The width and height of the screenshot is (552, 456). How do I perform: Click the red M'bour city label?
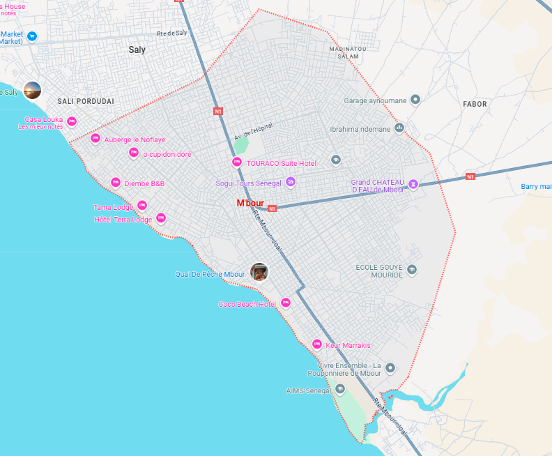click(x=250, y=203)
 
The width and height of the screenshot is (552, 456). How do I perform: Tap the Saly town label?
click(x=137, y=50)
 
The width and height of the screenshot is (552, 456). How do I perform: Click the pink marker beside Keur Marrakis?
click(x=317, y=344)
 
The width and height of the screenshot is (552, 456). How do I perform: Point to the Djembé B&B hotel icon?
click(x=116, y=183)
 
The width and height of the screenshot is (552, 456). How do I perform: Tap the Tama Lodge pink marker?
click(x=142, y=206)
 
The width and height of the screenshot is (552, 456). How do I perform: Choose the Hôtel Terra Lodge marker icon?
click(x=161, y=218)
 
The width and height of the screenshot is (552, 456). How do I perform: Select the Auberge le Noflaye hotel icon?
click(x=95, y=139)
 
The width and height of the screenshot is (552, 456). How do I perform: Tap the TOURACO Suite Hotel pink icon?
click(x=237, y=162)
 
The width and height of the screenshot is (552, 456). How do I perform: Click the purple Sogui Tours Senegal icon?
click(x=291, y=183)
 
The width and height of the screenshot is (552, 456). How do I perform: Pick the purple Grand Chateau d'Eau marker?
click(x=413, y=184)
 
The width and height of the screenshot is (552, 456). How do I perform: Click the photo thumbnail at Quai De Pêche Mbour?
click(x=259, y=272)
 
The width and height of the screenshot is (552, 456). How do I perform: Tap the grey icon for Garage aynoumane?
click(x=415, y=100)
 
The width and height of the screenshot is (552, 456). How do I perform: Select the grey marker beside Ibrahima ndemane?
click(x=400, y=128)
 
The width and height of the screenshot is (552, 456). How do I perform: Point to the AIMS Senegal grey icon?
click(x=340, y=389)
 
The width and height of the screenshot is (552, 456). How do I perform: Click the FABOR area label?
click(x=475, y=104)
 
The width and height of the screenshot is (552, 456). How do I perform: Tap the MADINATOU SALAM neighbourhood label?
click(x=348, y=52)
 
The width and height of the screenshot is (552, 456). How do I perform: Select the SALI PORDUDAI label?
click(x=85, y=101)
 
